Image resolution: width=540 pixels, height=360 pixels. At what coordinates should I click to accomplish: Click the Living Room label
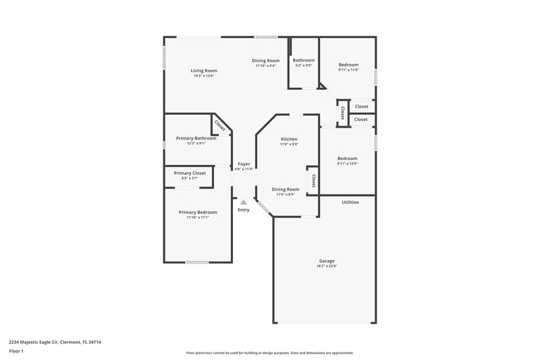[203, 70]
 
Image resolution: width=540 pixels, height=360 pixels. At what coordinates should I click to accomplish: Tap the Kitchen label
[290, 138]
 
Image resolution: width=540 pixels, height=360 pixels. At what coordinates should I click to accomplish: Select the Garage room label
[327, 261]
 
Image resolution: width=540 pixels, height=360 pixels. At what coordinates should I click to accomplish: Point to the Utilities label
[350, 202]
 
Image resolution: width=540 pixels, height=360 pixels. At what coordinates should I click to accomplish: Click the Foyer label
[243, 164]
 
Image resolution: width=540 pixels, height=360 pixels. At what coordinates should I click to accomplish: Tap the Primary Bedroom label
[198, 212]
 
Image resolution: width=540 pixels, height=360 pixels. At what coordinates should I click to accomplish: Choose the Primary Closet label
[190, 173]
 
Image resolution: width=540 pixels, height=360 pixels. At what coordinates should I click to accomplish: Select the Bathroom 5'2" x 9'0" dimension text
[303, 66]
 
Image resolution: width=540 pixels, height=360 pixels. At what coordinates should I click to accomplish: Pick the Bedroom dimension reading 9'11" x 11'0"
[348, 70]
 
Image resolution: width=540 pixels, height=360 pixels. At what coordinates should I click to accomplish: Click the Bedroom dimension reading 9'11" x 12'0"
[347, 163]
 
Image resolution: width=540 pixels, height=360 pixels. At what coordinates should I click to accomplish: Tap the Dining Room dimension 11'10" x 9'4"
[265, 66]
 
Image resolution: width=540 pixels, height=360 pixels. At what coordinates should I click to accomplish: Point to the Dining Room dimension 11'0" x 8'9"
[286, 195]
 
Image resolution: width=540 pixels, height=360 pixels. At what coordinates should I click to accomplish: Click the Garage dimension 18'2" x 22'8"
[327, 266]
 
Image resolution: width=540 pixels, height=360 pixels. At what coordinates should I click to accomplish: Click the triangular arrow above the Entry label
[243, 201]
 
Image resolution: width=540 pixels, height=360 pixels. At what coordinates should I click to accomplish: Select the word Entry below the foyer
[243, 210]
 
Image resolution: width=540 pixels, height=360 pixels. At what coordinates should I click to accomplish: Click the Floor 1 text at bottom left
[17, 352]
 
